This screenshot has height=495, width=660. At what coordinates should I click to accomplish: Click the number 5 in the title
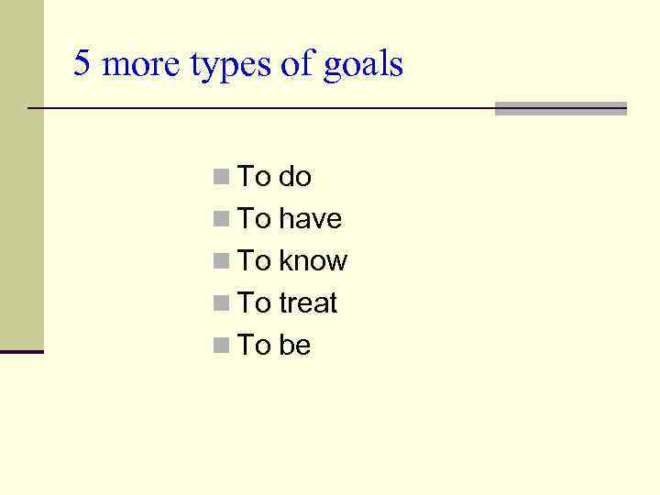click(82, 64)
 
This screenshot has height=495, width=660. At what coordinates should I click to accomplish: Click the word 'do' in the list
click(294, 176)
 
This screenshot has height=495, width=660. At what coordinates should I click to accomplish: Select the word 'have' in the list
click(310, 218)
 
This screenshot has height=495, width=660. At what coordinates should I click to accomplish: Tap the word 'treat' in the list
click(308, 302)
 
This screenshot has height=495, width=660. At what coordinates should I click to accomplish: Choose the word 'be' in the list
click(294, 345)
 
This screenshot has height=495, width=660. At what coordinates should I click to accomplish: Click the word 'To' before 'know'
click(254, 260)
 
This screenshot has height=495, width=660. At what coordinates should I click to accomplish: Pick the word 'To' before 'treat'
click(254, 302)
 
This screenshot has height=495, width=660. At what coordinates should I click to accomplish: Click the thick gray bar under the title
click(560, 108)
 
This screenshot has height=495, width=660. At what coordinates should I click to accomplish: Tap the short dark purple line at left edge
click(21, 351)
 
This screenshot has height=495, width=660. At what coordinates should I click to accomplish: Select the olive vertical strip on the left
click(21, 174)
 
